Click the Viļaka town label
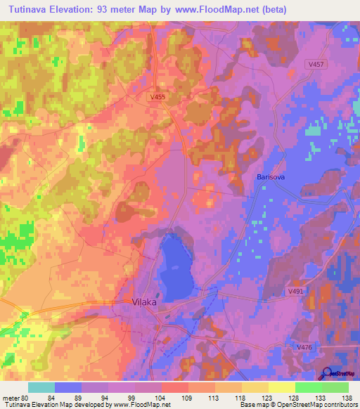pyautogui.click(x=146, y=303)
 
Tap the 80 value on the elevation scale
pyautogui.click(x=26, y=398)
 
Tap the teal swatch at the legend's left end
pyautogui.click(x=41, y=387)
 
